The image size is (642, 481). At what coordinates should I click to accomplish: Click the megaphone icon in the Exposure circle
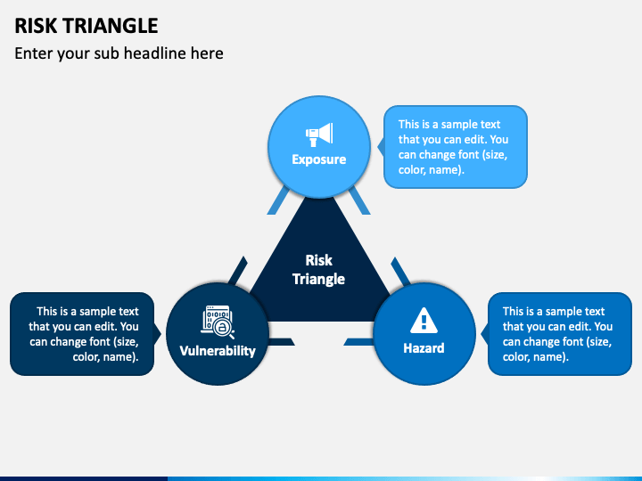point(319,135)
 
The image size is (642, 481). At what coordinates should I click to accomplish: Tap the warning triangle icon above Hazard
point(424,321)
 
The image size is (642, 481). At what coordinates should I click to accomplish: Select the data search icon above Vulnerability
point(218,322)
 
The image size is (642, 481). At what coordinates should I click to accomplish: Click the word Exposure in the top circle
point(319,159)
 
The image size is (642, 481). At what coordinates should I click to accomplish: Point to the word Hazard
point(424,348)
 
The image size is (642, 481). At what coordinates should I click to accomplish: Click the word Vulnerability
point(218,351)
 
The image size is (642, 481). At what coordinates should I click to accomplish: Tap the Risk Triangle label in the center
point(318,270)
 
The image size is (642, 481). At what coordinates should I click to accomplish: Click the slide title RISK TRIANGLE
point(86,26)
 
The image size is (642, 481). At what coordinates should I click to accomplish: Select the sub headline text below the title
point(119,53)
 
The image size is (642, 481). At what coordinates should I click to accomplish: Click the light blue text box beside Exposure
point(456,147)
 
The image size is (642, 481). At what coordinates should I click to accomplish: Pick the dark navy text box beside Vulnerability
point(82,334)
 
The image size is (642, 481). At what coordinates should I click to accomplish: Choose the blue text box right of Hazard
point(560,334)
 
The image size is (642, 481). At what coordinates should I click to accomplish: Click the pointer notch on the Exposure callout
point(381,147)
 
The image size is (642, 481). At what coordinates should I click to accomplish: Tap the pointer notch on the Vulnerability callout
point(157,334)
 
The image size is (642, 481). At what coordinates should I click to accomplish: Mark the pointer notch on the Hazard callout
point(484,334)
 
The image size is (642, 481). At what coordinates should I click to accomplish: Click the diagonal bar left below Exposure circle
point(278,200)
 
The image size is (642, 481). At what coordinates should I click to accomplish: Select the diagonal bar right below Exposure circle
point(359,200)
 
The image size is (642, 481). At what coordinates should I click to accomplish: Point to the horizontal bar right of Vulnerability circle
point(281,342)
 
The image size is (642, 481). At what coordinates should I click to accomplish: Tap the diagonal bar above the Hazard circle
point(400,271)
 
